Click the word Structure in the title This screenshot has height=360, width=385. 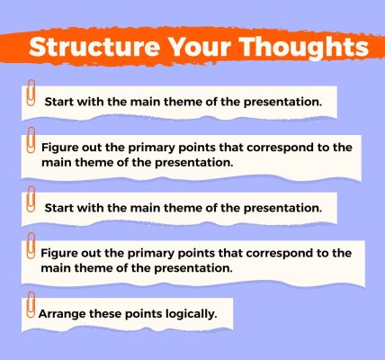pyautogui.click(x=94, y=47)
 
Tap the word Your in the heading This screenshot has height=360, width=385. pyautogui.click(x=200, y=47)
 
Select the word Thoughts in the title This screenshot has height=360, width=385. pyautogui.click(x=304, y=48)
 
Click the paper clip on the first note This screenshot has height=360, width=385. pyautogui.click(x=31, y=93)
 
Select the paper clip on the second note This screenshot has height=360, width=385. pyautogui.click(x=31, y=139)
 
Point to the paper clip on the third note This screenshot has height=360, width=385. pyautogui.click(x=31, y=199)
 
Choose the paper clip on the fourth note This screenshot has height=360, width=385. pyautogui.click(x=31, y=246)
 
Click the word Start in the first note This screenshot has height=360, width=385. pyautogui.click(x=59, y=102)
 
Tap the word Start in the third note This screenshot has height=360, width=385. pyautogui.click(x=59, y=208)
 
